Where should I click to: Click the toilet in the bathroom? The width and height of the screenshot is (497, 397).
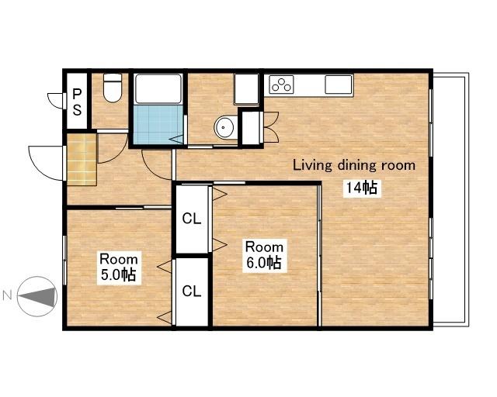pos(113,88)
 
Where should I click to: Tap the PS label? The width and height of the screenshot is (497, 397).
pos(77,102)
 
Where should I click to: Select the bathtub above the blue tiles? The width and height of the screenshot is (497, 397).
pos(158,88)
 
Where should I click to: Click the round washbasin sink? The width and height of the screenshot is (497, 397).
pos(225,127)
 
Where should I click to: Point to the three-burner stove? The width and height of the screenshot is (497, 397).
pos(281,85)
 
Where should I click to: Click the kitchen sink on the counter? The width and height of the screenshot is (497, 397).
pos(339,85)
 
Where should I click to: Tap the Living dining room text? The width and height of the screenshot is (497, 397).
pos(354,165)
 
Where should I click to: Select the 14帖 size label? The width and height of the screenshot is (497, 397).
pos(362,188)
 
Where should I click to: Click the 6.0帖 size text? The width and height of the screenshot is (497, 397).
pos(264,263)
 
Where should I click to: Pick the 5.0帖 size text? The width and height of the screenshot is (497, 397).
pos(119,274)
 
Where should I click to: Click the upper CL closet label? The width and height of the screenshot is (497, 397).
pos(192,219)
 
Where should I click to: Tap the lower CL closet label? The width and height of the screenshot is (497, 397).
pos(192,291)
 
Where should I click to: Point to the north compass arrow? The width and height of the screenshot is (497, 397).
pos(37,297)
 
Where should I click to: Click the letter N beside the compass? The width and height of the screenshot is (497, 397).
pos(7,295)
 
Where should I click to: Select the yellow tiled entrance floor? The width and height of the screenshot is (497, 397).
pos(82,159)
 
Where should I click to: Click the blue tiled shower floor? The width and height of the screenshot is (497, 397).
pos(158,124)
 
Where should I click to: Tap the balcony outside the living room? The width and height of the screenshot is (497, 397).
pos(450,200)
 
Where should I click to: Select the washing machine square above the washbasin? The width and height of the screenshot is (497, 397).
pos(246,88)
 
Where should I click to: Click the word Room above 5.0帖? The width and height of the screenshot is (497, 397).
pos(119,259)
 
